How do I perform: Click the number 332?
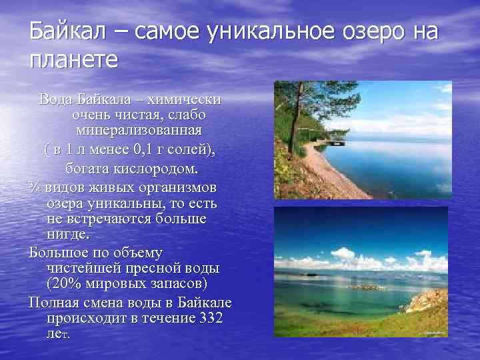[x=211, y=318]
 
